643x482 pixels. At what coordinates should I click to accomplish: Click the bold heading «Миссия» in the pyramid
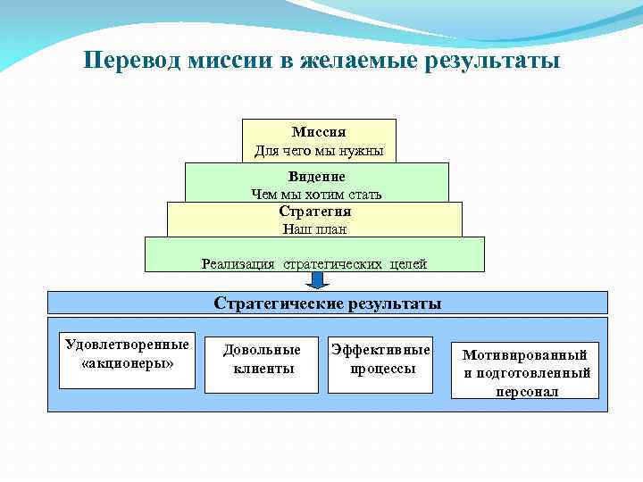point(319,132)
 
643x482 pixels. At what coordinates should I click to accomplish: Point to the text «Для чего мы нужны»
point(319,151)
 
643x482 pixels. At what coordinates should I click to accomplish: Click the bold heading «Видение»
point(316,177)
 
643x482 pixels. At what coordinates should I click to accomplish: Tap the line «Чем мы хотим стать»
point(316,194)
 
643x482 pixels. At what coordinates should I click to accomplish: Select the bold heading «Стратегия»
point(314,212)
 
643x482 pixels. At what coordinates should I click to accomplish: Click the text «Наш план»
point(314,229)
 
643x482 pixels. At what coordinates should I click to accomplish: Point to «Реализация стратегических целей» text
point(314,263)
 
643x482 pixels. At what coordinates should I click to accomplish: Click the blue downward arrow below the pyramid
point(317,280)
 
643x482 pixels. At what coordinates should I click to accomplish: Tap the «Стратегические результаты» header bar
point(327,303)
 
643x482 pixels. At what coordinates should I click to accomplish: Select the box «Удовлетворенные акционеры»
point(127,361)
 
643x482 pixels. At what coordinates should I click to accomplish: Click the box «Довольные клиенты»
point(262,364)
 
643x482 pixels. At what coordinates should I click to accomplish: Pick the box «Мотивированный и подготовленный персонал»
point(527,370)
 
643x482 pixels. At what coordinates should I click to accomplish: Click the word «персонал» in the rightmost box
point(527,391)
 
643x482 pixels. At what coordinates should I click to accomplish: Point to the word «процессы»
point(382,368)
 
